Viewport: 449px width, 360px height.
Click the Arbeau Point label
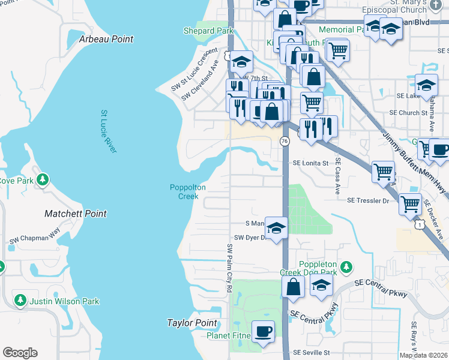pos(106,39)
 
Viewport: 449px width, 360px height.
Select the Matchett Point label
pos(76,214)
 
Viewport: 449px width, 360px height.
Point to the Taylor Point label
pos(191,323)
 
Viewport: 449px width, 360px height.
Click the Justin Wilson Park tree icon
pos(20,300)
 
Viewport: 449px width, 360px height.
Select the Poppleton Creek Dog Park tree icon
pos(346,266)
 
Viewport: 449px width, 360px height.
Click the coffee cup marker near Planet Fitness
pos(263,331)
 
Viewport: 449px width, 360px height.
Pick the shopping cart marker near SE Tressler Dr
pos(411,204)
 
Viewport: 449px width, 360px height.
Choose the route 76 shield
pos(284,140)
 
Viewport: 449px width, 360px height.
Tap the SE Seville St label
pos(312,353)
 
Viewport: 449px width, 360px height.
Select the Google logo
pos(20,353)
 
